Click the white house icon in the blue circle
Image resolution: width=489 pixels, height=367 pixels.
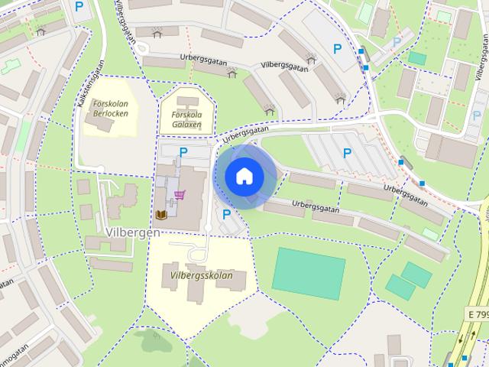point(244,176)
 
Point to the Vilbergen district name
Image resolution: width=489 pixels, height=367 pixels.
point(128,232)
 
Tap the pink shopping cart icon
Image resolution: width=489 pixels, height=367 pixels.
point(180,195)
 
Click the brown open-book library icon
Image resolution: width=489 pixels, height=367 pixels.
point(162,215)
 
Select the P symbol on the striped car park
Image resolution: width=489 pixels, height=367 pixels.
point(348,153)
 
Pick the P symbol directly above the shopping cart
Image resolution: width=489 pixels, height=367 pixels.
point(183,152)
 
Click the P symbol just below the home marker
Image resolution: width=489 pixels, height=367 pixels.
point(226,215)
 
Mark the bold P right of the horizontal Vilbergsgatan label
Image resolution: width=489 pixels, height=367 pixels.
point(337,48)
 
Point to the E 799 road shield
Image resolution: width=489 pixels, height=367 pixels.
point(478,314)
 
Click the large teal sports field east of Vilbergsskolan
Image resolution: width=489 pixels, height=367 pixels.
point(308,272)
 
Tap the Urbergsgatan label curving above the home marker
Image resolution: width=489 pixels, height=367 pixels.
point(246,135)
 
